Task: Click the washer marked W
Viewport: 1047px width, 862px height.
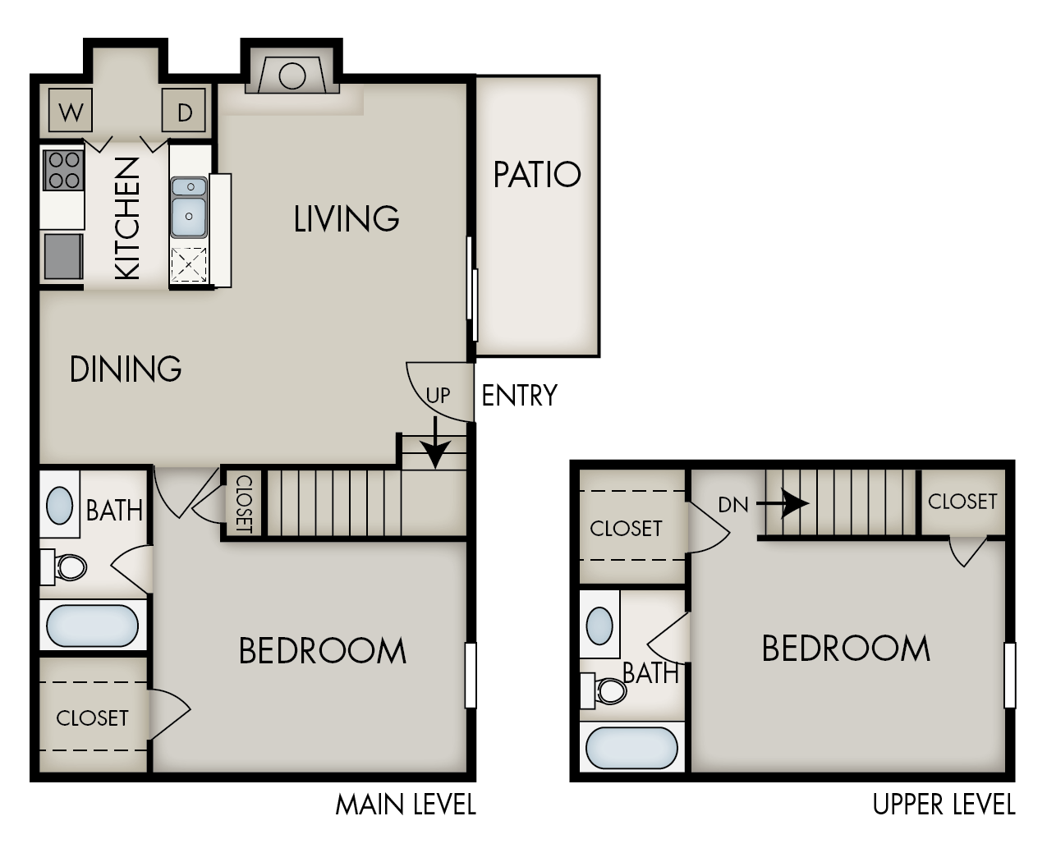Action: point(71,110)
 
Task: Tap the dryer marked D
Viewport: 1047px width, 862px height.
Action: point(183,110)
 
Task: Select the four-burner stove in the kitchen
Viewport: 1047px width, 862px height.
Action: point(63,170)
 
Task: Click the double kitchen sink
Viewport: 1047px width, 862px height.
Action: point(189,207)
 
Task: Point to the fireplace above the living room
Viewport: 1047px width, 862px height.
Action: point(292,76)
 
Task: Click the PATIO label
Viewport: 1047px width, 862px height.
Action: point(537,175)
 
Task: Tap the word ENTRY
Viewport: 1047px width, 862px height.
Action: point(519,396)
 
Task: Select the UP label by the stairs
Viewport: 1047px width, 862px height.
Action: point(438,395)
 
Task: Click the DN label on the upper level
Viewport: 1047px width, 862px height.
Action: point(733,504)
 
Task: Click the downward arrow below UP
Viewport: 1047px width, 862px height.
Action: point(435,445)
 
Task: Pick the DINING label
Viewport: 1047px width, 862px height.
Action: point(126,369)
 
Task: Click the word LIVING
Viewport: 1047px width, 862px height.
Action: point(347,219)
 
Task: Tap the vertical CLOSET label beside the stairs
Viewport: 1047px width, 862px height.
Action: point(243,503)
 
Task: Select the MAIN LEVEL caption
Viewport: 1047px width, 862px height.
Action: point(406,805)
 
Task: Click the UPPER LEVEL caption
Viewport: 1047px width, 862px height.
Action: point(944,805)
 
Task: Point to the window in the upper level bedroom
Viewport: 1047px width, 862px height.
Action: point(1010,675)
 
